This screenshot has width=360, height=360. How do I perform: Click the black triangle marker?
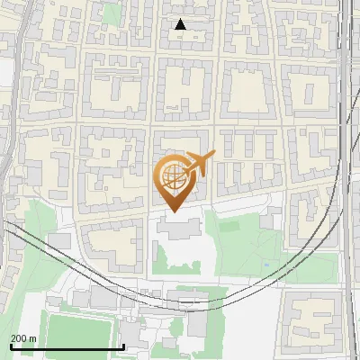(180, 24)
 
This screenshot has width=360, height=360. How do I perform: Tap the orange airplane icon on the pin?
(200, 164)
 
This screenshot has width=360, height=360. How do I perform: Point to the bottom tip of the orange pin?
(172, 211)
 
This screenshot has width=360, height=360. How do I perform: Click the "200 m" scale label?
(22, 338)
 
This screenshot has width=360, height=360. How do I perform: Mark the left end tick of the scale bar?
(10, 346)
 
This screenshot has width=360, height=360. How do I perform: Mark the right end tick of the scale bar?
(123, 346)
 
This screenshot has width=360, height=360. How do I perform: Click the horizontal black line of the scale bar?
(67, 347)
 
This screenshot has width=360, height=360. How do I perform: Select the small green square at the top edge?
(112, 13)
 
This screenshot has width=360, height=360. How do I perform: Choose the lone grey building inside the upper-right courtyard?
(308, 91)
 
